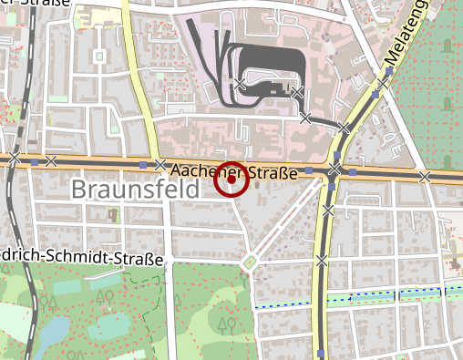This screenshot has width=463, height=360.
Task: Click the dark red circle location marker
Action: pos(231,180)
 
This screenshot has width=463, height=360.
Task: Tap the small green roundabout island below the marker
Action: pos(249,264)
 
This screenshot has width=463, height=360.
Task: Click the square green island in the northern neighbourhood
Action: pos(98,57)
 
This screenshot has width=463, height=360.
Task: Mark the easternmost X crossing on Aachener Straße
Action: pos(425,177)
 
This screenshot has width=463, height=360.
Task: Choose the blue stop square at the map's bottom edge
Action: pos(322,352)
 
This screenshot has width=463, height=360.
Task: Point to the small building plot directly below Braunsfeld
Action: pos(114,216)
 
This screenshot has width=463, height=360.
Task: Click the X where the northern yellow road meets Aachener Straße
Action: pos(160,165)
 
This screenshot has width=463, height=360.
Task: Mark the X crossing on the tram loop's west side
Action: pos(239,85)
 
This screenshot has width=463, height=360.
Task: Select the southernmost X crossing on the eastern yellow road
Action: pos(322,261)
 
